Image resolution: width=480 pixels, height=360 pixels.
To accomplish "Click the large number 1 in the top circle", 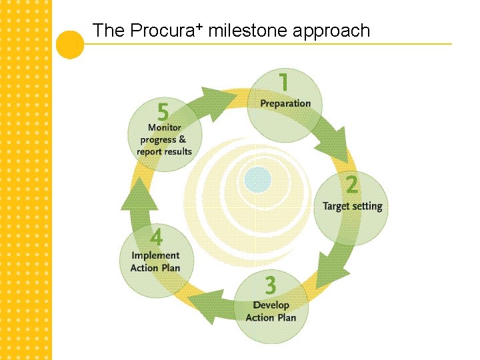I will click(284, 83).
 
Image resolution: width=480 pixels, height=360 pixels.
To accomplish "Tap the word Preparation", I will click(285, 103).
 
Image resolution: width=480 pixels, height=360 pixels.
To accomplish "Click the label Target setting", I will click(353, 206).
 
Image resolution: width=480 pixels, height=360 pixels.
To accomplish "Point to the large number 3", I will click(270, 286).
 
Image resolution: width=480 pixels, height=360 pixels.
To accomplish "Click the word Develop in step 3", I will click(271, 305).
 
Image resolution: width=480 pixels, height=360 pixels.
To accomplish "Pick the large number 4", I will click(156, 237).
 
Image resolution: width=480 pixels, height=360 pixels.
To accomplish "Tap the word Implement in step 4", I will click(155, 255).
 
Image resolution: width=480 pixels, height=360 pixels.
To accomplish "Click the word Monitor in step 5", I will click(164, 127).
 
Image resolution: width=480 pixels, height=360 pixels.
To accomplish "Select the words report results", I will click(164, 151).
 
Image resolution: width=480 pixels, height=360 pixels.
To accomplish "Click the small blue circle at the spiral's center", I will click(257, 179).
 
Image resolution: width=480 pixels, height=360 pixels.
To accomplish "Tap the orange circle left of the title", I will click(70, 44).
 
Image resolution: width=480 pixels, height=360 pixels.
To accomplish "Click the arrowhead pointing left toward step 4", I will click(201, 303).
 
